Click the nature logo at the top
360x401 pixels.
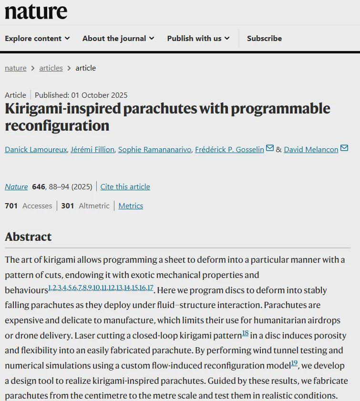tap(36, 11)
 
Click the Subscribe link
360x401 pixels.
tap(264, 39)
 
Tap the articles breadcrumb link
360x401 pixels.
tap(51, 68)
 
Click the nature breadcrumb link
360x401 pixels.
tap(16, 68)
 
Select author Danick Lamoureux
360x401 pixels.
tap(36, 150)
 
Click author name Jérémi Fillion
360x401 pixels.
tap(93, 150)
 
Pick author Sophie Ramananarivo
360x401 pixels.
tap(154, 150)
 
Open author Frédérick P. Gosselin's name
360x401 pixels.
tap(229, 150)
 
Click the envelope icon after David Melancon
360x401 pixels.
tap(344, 149)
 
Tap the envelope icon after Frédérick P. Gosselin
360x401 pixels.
tap(270, 149)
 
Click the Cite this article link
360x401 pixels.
tap(125, 187)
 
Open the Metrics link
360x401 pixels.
tap(131, 206)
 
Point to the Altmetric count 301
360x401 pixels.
tap(68, 206)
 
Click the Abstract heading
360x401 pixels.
tap(28, 237)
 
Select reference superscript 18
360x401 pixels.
tap(245, 333)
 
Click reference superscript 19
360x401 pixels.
tap(294, 363)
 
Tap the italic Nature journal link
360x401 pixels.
tap(16, 187)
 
